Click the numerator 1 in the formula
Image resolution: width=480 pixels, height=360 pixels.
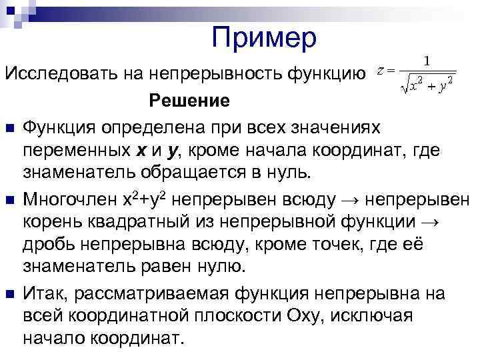tap(427, 61)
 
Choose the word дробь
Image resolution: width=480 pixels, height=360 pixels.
tap(48, 245)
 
